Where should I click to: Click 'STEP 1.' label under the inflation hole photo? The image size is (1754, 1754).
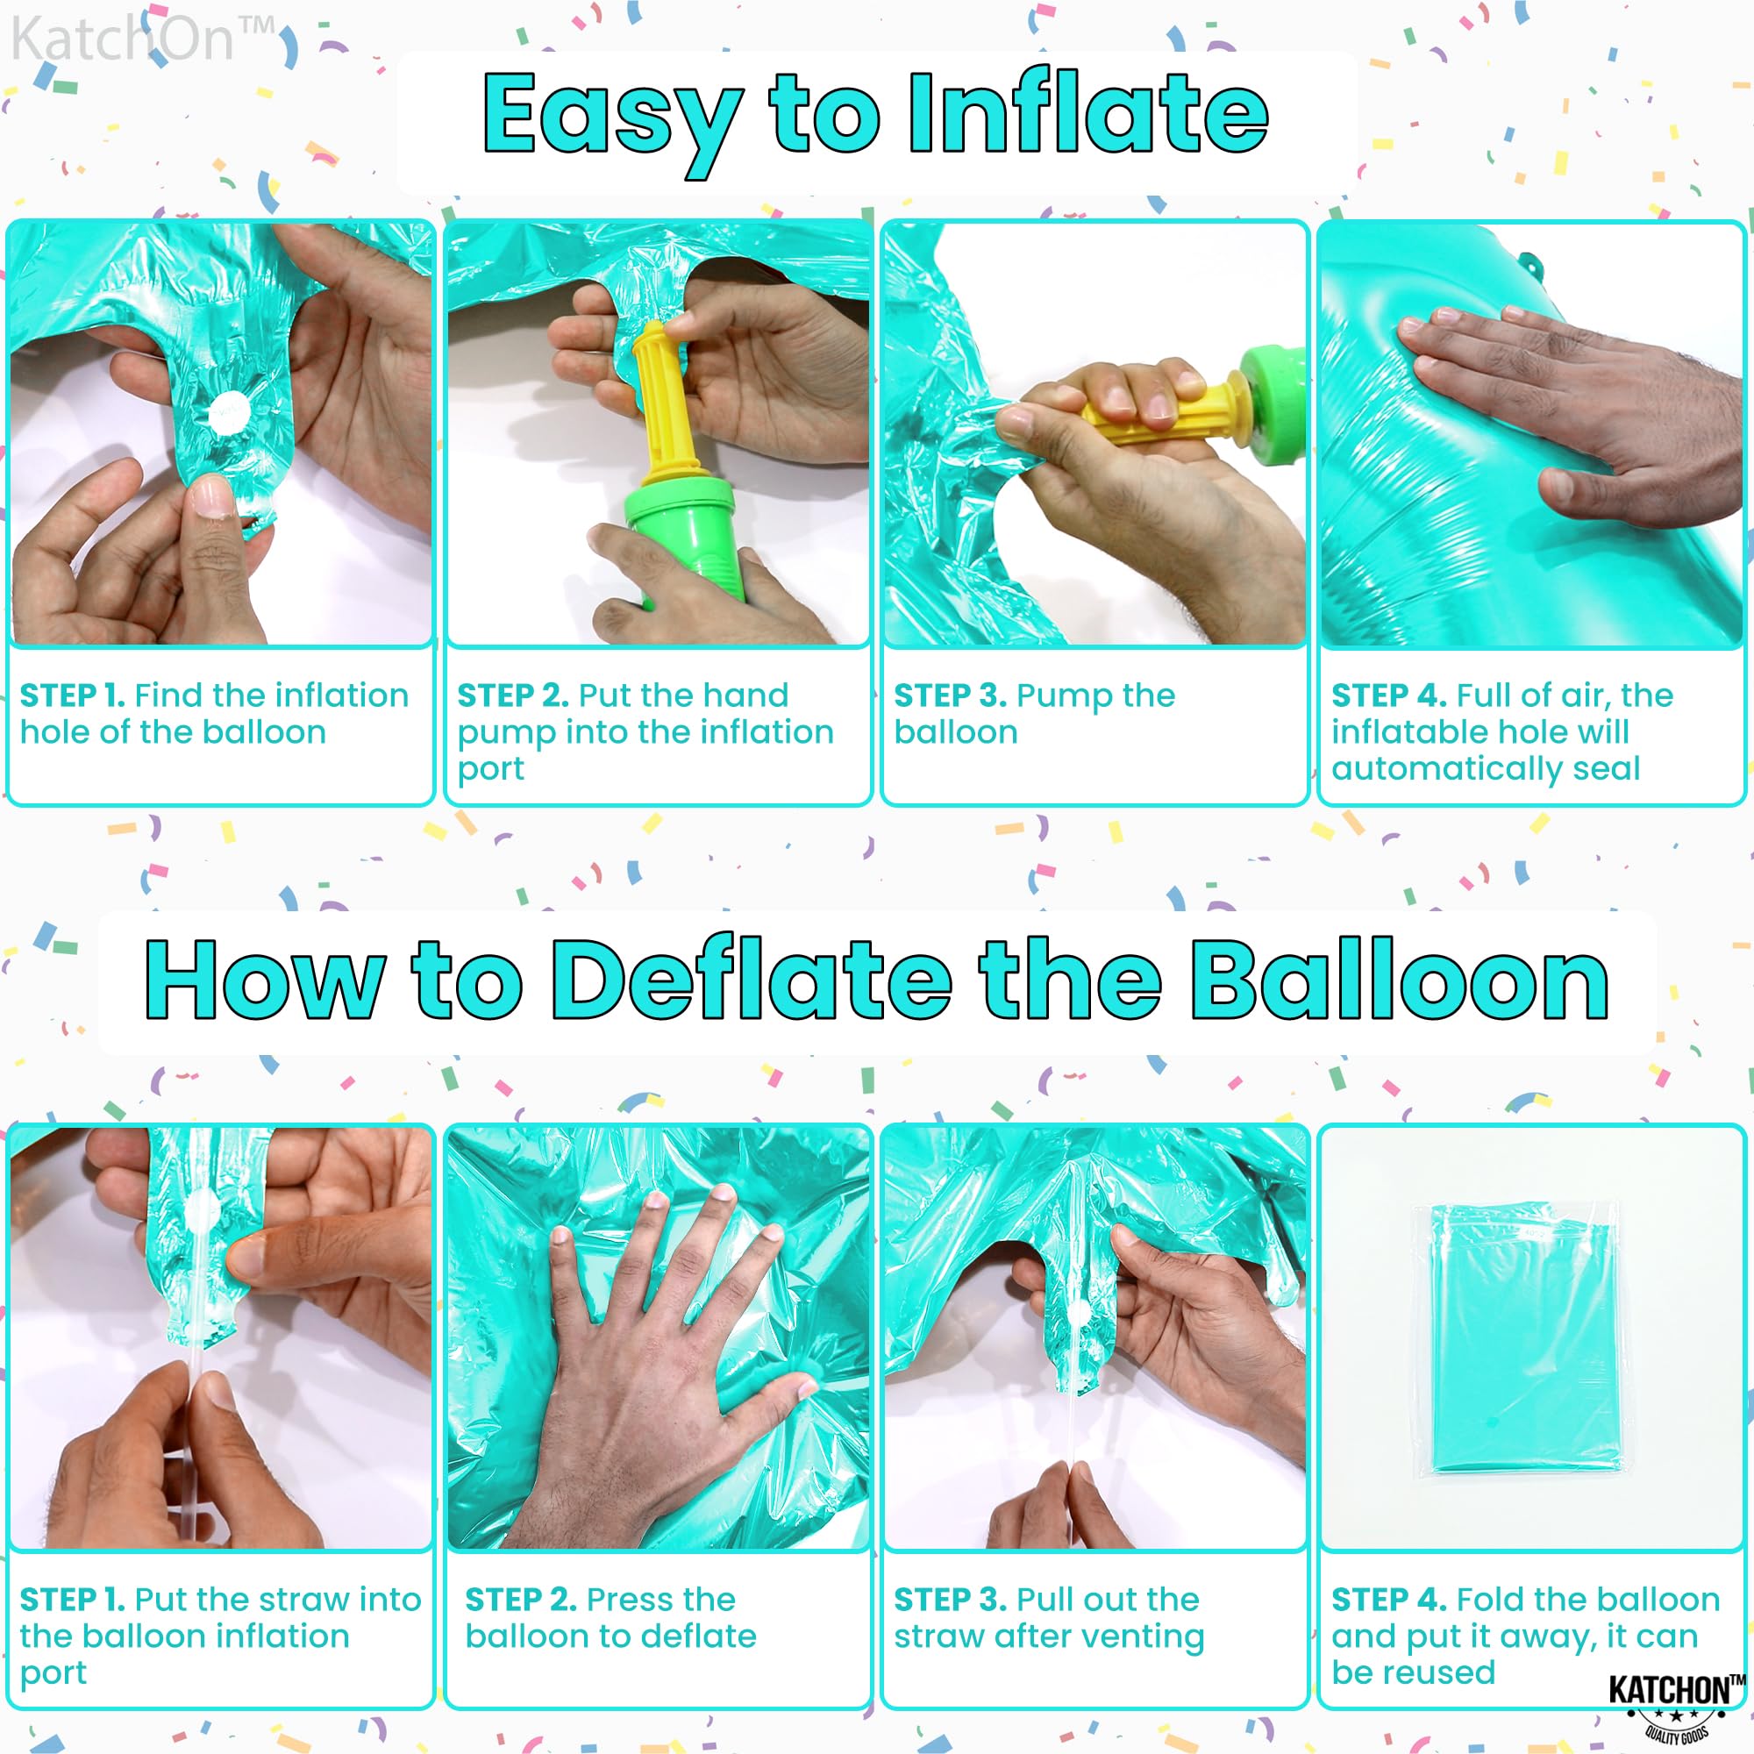(x=73, y=695)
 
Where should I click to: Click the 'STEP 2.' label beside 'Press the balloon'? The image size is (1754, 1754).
(x=521, y=1599)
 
